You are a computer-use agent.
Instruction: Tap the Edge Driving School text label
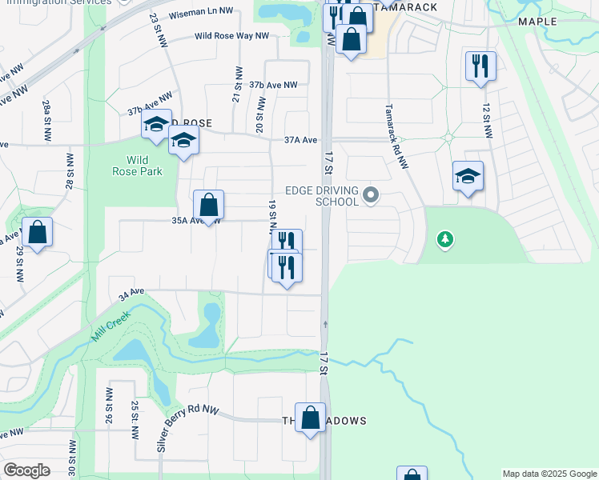(x=325, y=195)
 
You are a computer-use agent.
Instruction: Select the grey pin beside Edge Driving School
(x=370, y=194)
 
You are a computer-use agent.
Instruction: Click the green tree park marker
(x=445, y=239)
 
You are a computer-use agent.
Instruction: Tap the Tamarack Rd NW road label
(x=396, y=136)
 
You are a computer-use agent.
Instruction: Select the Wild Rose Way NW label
(x=231, y=36)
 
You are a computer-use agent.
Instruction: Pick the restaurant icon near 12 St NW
(x=480, y=66)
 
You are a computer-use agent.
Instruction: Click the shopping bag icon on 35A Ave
(x=208, y=205)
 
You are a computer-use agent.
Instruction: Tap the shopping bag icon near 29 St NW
(x=38, y=232)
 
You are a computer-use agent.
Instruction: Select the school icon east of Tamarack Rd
(x=468, y=176)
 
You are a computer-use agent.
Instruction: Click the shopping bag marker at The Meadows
(x=311, y=417)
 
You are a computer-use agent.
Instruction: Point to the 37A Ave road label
(x=300, y=140)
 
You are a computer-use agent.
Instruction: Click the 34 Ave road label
(x=131, y=295)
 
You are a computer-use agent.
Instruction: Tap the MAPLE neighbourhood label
(x=537, y=22)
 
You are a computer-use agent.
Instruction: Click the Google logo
(x=27, y=470)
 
